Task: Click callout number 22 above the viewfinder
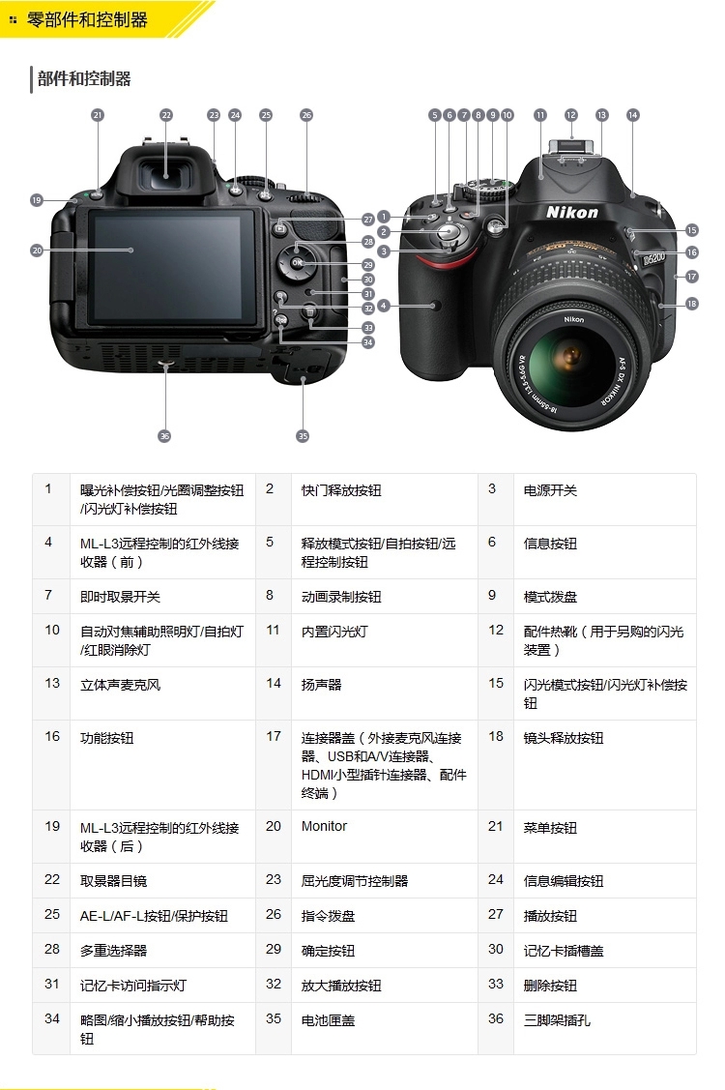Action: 166,115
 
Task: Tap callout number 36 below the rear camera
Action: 164,436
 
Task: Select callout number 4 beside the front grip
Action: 384,306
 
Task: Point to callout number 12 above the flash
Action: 571,115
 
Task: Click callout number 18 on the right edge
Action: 691,304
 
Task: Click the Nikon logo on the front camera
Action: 572,212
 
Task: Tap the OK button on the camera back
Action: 297,263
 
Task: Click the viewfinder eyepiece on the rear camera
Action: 167,175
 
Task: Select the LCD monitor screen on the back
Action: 172,267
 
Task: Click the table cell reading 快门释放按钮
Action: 341,491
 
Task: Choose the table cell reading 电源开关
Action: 550,491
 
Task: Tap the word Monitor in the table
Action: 324,827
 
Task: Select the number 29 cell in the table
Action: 274,950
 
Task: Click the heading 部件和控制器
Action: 84,79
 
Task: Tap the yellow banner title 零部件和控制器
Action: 87,19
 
